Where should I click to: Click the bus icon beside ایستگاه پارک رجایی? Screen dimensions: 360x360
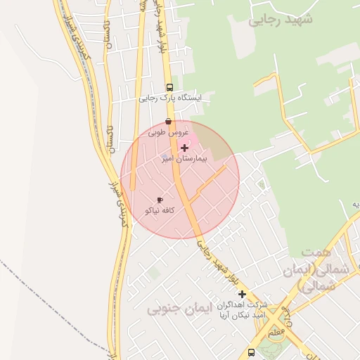169,87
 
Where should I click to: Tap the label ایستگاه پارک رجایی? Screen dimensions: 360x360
169,98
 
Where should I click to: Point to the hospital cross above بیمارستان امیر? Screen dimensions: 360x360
185,148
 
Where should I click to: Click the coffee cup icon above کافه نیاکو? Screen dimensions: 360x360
160,200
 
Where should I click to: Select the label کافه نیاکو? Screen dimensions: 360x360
160,210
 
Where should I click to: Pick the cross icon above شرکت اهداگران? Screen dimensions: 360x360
242,294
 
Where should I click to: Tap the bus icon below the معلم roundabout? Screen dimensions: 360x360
251,352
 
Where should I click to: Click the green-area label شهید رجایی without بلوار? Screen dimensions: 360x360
280,20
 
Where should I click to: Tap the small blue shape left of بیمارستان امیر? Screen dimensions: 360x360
164,156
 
